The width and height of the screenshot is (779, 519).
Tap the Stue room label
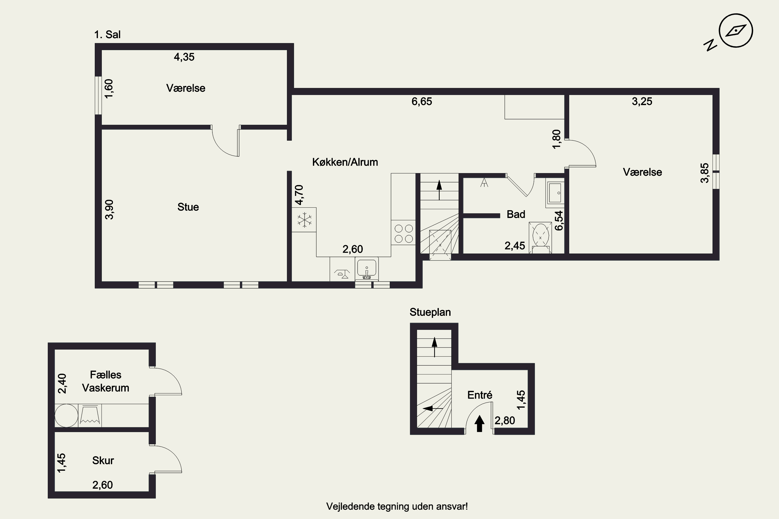pos(188,207)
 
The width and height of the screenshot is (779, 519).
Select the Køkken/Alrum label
pos(345,162)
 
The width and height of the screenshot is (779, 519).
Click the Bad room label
pos(516,215)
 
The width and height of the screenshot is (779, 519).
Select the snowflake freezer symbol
pos(304,220)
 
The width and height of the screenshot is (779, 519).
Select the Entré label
pos(480,395)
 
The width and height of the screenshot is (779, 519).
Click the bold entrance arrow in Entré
pos(480,424)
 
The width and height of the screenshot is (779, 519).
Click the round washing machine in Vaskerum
pos(66,416)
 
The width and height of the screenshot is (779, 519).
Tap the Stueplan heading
pos(430,312)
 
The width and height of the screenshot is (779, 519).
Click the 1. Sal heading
pos(107,35)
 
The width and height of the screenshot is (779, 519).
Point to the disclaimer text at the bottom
pos(397,507)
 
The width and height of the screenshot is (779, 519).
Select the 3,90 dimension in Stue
pos(109,209)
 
